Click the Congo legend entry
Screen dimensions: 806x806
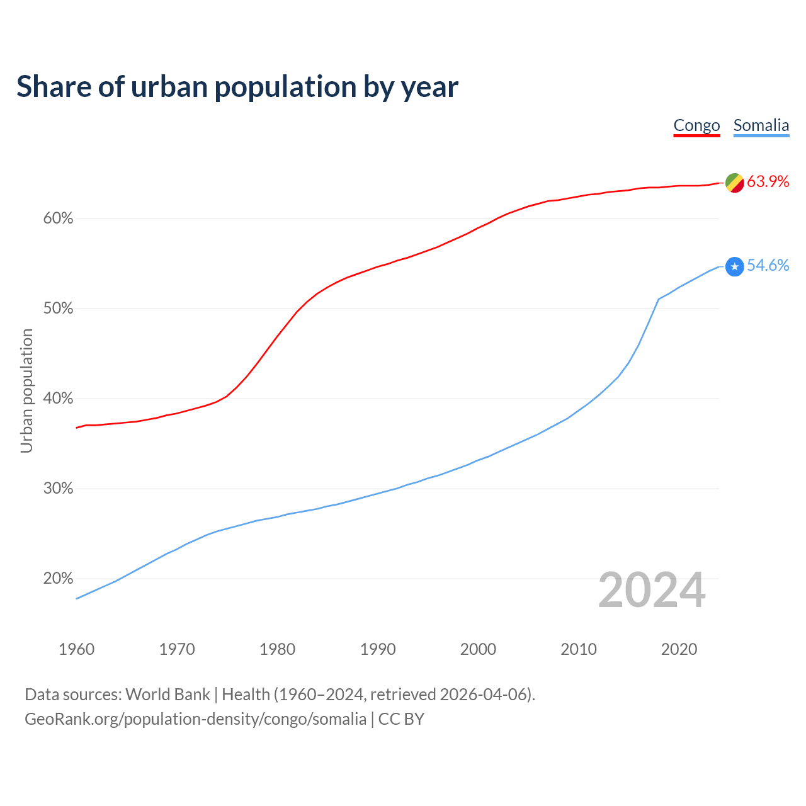click(696, 125)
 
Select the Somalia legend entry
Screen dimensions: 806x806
click(761, 125)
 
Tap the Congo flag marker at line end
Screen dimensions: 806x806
click(735, 183)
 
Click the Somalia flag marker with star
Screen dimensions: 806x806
click(735, 267)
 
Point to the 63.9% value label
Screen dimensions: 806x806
click(768, 182)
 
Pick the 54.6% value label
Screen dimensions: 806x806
click(768, 266)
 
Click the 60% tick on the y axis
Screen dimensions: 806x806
click(58, 219)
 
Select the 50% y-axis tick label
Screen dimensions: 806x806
click(58, 309)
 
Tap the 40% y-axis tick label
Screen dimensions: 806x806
click(58, 399)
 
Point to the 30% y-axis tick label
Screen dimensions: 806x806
click(58, 489)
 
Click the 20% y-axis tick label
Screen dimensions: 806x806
click(58, 579)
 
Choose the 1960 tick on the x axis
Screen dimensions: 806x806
click(76, 649)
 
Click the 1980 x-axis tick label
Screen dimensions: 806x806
click(277, 649)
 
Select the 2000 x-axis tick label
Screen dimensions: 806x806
click(478, 649)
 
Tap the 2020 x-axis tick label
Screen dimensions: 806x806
click(679, 649)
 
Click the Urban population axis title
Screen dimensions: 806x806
click(26, 390)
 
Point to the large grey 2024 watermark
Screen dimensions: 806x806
click(652, 590)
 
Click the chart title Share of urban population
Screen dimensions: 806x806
click(237, 86)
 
